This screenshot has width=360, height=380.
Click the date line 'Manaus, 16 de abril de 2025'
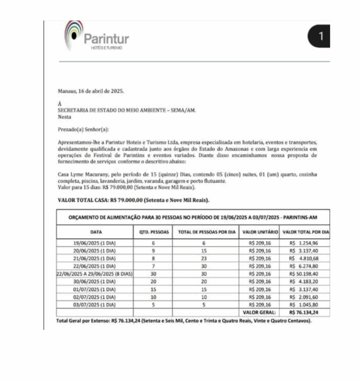click(91, 91)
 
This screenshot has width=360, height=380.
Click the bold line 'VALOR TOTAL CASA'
click(134, 200)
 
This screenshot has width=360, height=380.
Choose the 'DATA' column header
click(96, 232)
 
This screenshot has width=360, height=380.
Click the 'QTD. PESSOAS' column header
click(153, 232)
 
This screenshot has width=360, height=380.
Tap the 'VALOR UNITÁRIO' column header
click(260, 232)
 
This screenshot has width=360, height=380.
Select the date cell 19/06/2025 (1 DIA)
click(95, 243)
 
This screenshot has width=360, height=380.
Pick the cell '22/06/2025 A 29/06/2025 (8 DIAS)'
click(95, 274)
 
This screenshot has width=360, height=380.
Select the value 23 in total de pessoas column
click(204, 259)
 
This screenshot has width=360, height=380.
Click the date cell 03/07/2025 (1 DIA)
click(95, 305)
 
